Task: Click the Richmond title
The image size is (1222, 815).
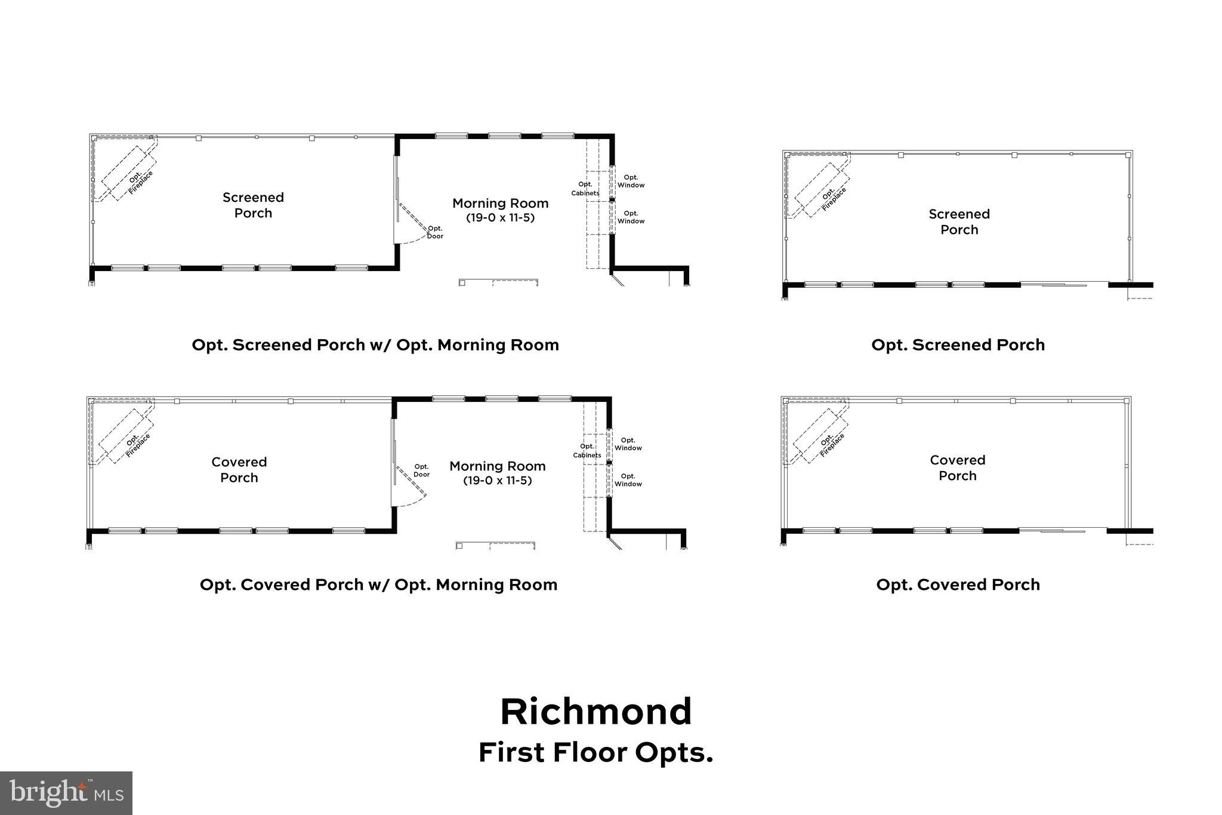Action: (595, 712)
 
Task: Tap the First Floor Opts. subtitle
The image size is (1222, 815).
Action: (595, 753)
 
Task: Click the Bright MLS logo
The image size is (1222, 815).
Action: (66, 793)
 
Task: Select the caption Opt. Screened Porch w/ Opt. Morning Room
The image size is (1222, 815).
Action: (375, 345)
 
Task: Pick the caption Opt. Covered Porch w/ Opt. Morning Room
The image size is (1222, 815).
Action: (378, 585)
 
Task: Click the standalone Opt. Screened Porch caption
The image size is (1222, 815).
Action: (958, 345)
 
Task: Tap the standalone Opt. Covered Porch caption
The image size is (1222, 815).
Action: (958, 585)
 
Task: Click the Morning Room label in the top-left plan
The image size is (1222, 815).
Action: (500, 204)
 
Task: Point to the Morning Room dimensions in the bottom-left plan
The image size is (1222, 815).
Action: (497, 481)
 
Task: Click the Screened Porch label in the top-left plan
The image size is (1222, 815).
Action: (253, 205)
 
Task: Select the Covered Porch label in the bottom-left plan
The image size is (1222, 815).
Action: (239, 469)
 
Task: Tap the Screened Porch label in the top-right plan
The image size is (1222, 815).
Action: (959, 222)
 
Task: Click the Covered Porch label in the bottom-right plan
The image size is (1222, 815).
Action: (957, 468)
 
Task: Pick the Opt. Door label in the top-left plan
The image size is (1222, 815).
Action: (435, 232)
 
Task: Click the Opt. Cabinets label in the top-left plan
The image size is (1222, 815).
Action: (585, 189)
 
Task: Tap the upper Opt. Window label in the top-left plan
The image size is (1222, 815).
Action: (631, 181)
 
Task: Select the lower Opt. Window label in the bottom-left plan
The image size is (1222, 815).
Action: (628, 480)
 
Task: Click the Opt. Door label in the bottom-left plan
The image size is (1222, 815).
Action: (421, 470)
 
